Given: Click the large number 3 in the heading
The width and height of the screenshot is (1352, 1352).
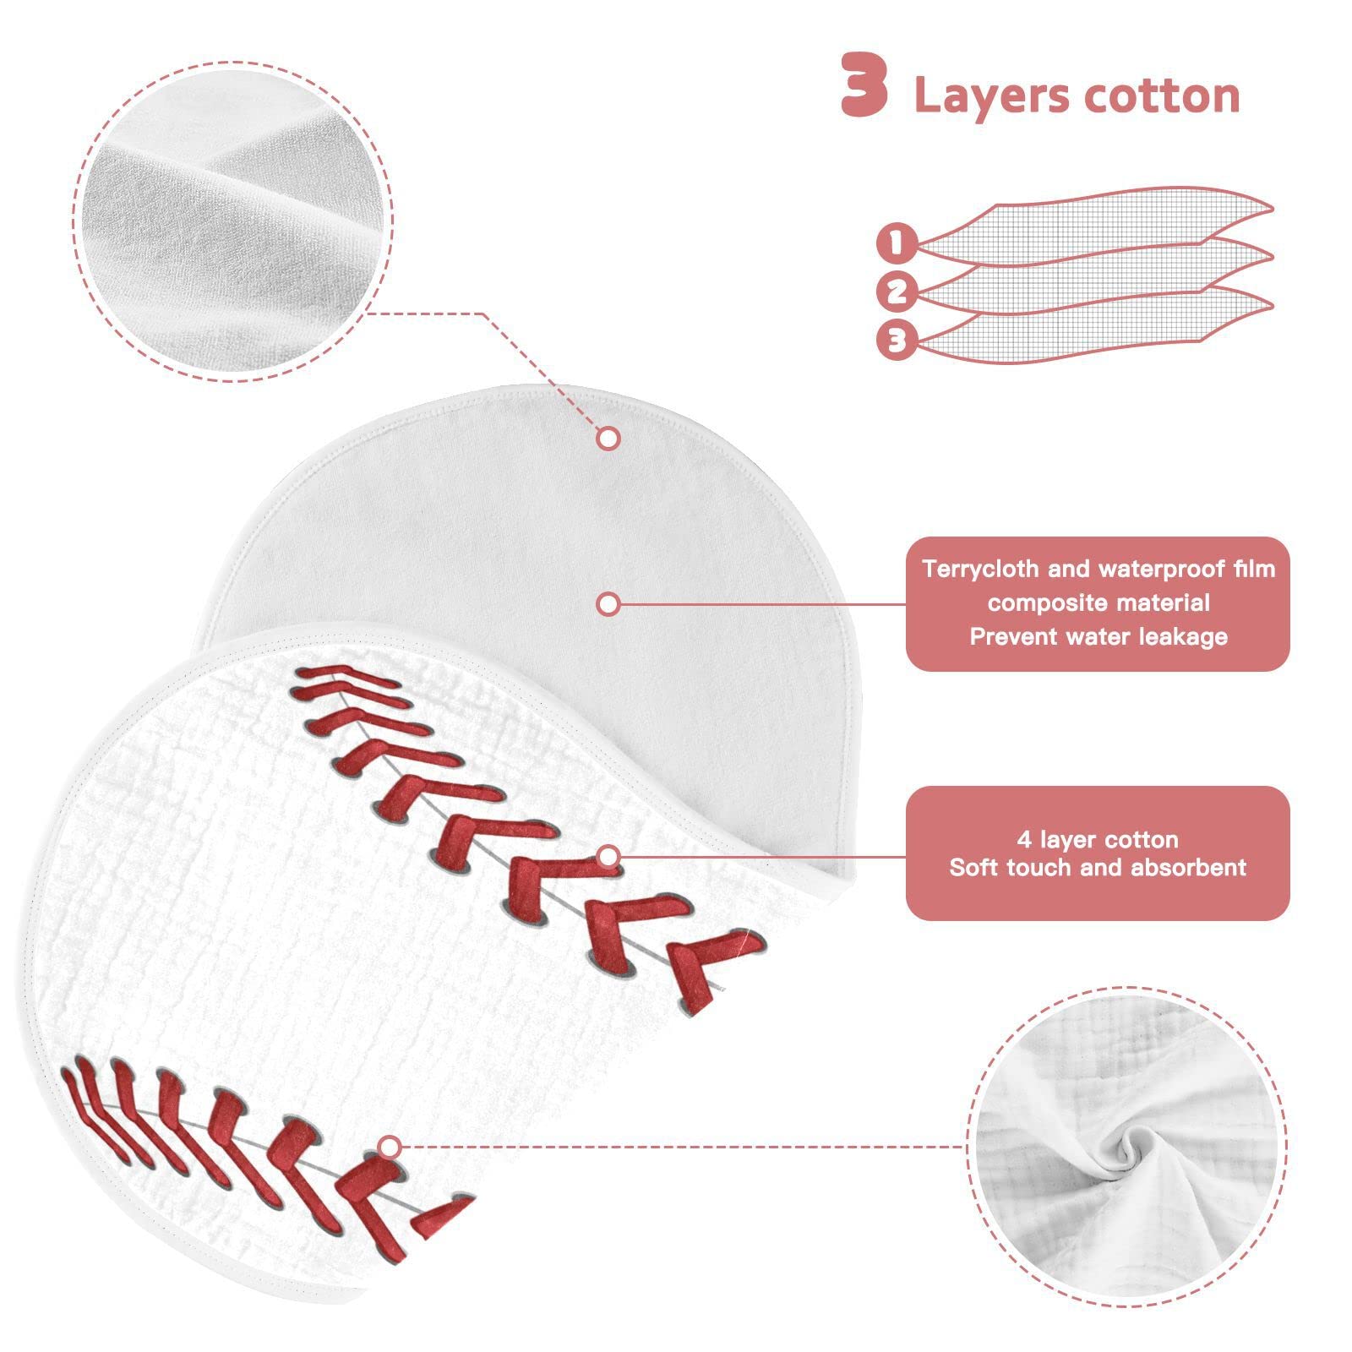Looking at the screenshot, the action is click(864, 84).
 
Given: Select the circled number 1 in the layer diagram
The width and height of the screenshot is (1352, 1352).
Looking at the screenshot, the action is click(897, 243).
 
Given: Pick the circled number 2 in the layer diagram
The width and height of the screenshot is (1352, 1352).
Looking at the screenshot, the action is click(897, 292).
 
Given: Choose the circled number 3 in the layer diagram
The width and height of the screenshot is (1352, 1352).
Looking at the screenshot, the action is click(897, 341).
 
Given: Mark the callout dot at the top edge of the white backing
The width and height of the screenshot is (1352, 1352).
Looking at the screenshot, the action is click(608, 439).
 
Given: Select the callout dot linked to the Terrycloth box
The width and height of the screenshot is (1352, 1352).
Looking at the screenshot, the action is click(608, 604).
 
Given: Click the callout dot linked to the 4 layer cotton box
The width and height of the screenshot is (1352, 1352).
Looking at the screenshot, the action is click(608, 857).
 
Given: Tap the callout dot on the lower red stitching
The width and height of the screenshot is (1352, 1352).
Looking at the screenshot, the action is click(390, 1147).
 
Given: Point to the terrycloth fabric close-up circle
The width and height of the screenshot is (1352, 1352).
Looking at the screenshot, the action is click(233, 221).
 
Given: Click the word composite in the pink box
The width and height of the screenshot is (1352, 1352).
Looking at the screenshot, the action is click(1045, 603).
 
